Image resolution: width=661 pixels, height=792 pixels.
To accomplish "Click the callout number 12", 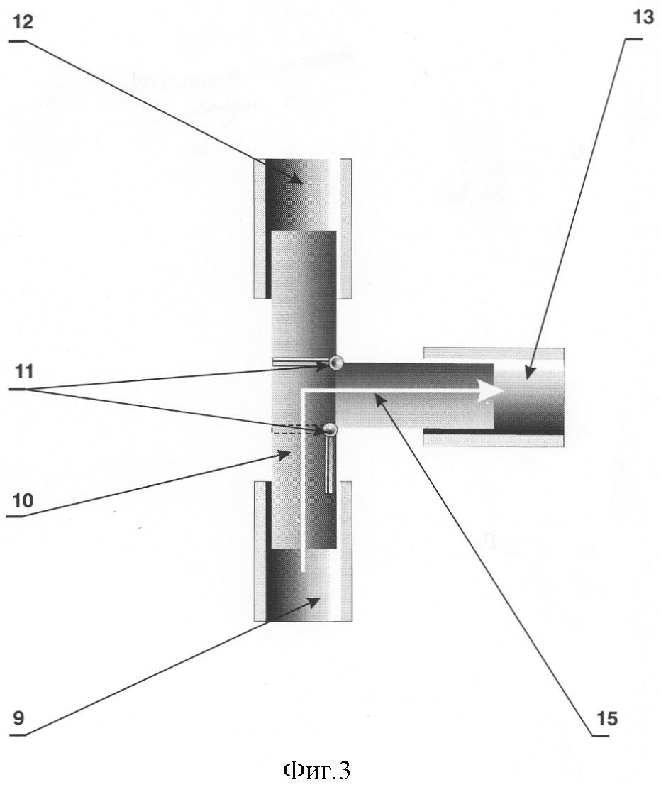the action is (x=23, y=23).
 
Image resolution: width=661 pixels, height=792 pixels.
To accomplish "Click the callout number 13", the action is (x=643, y=16).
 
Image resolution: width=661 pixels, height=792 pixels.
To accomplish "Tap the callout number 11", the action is (x=24, y=372).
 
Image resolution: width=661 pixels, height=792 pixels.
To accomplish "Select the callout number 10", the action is (x=23, y=500).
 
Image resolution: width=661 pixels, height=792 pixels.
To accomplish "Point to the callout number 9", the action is (x=18, y=717).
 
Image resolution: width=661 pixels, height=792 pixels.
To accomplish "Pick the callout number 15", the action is (x=607, y=718).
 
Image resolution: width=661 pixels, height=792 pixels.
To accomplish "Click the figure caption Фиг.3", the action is (x=316, y=770).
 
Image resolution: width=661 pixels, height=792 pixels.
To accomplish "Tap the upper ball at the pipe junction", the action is (x=335, y=362).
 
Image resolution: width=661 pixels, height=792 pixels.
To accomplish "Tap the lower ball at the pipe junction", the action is (x=330, y=429).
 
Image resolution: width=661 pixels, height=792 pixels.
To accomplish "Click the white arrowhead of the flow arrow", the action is (x=489, y=392).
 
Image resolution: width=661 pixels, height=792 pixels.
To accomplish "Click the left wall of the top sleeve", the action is (x=260, y=229).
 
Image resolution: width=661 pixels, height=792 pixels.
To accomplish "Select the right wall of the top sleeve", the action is (x=346, y=229).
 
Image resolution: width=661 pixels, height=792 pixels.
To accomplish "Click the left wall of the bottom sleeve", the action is (x=260, y=551).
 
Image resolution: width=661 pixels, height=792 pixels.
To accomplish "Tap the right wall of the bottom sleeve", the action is (x=346, y=551).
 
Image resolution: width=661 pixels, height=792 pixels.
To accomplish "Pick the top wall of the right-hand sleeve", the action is (x=494, y=353).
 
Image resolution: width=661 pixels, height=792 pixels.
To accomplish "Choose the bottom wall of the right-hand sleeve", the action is (x=494, y=440).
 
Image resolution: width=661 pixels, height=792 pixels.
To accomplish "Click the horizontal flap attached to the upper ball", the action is (x=301, y=362).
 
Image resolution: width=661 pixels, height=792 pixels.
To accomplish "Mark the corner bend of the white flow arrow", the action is (x=303, y=392).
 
